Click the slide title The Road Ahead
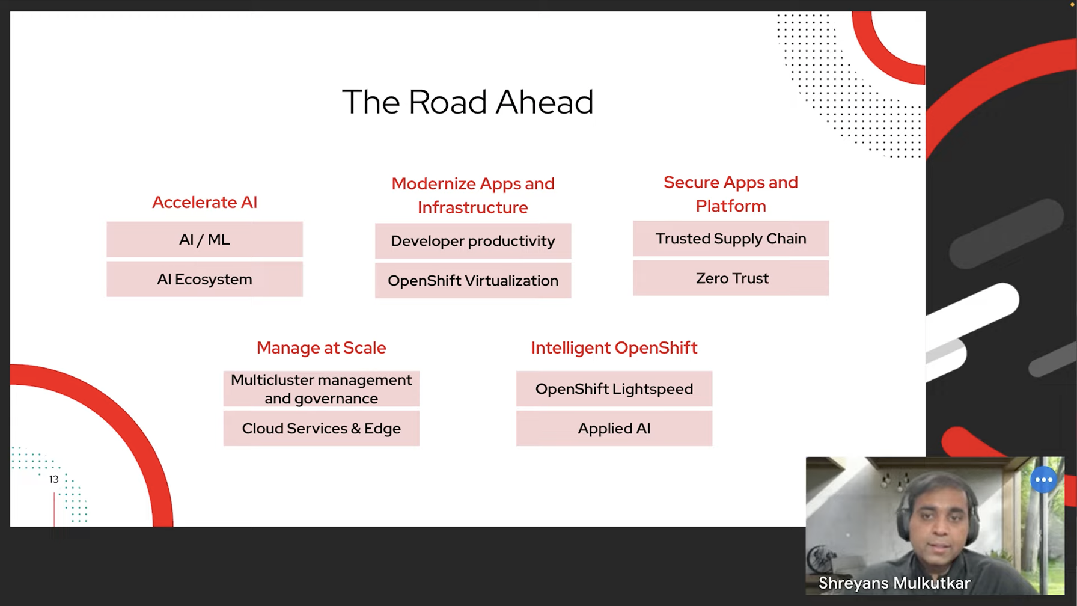[468, 102]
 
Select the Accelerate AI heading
[204, 202]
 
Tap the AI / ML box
[204, 239]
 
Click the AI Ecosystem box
[204, 279]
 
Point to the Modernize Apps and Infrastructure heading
[473, 195]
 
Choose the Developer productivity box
[473, 241]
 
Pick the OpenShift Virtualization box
[473, 281]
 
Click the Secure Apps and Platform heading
[731, 194]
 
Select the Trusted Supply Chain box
[731, 239]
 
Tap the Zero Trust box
[731, 278]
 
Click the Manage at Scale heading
[321, 347]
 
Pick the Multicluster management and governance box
[321, 389]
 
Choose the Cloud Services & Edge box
[321, 429]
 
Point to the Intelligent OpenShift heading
[614, 347]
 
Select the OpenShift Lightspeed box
[614, 389]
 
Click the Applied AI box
[614, 429]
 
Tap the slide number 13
[53, 479]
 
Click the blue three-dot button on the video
[1043, 480]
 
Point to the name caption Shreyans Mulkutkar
[894, 583]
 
